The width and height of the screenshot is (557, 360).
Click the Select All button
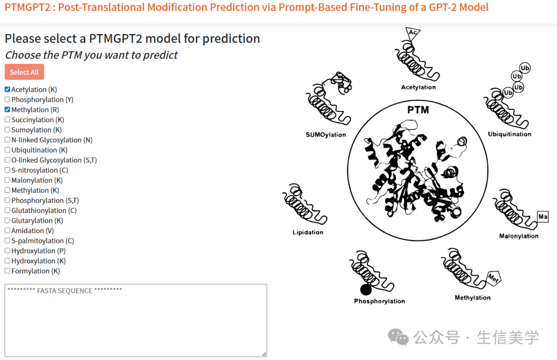24,72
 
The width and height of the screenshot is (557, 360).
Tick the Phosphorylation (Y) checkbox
7,100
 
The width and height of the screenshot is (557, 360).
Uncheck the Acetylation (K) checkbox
7,89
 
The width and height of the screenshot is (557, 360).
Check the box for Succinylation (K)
7,120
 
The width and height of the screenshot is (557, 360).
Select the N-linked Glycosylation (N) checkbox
7,140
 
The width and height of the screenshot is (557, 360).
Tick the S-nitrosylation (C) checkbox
7,170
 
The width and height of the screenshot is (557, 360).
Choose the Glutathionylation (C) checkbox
7,210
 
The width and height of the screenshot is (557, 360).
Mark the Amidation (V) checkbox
7,230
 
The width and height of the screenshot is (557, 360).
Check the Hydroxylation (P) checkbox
7,251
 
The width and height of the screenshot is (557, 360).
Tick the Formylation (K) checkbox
7,271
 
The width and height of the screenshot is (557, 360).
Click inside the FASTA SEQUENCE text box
136,320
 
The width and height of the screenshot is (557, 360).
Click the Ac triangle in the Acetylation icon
412,33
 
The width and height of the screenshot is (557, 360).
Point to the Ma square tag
543,217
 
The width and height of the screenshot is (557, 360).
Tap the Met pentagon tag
494,277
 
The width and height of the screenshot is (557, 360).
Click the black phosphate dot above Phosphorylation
366,290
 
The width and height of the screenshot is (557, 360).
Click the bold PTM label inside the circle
418,110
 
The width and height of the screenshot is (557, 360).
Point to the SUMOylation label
326,135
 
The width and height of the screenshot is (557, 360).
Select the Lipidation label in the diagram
308,233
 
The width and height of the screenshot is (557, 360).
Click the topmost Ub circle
525,68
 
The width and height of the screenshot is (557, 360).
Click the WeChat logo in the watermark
398,337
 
